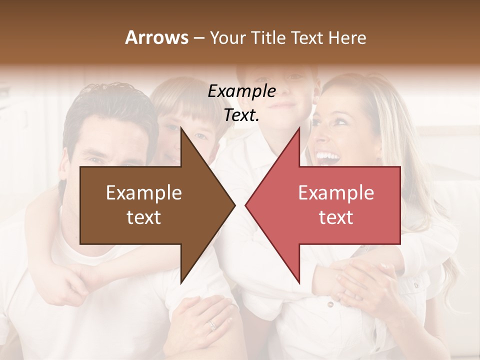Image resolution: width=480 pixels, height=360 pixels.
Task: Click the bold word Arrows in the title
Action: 156,37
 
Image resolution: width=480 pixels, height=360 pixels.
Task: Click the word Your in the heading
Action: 227,38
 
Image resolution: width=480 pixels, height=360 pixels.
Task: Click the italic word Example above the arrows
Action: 242,91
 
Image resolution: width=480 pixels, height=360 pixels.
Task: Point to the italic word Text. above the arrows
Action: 242,115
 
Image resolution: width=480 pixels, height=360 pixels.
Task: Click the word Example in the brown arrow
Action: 144,193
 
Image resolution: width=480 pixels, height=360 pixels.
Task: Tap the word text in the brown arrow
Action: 144,217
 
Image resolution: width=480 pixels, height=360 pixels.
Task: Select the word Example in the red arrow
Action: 336,193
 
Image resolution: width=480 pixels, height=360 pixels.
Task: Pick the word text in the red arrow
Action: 336,217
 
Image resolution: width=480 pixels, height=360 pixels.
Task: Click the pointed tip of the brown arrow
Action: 234,204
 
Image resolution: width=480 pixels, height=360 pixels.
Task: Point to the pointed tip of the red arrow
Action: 246,204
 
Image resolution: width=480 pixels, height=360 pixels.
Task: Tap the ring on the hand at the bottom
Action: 212,325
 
